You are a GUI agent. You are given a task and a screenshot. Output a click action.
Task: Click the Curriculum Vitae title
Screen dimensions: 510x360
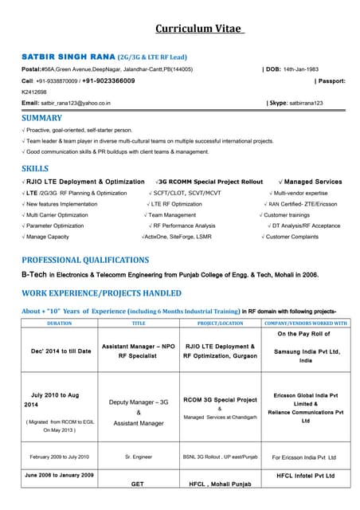pyautogui.click(x=200, y=29)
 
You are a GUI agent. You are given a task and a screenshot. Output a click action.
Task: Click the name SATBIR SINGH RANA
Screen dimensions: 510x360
pyautogui.click(x=68, y=58)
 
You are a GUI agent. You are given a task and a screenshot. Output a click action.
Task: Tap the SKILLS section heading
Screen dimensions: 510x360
pyautogui.click(x=35, y=169)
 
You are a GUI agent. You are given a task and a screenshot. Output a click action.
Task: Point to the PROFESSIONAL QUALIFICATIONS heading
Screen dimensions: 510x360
pyautogui.click(x=85, y=260)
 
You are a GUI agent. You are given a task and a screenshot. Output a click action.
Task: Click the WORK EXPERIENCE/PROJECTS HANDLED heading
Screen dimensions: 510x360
pyautogui.click(x=101, y=292)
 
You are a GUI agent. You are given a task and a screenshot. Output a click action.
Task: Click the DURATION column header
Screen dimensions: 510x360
pyautogui.click(x=60, y=324)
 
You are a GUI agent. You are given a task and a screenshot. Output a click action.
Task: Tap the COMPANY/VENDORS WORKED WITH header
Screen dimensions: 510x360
pyautogui.click(x=306, y=324)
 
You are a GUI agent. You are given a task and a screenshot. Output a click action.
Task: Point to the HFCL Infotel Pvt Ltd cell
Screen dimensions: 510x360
pyautogui.click(x=306, y=475)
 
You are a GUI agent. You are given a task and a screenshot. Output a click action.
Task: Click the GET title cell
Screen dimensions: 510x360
pyautogui.click(x=137, y=484)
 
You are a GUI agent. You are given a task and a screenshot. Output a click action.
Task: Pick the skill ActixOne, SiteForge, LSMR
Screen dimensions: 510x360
pyautogui.click(x=178, y=237)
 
